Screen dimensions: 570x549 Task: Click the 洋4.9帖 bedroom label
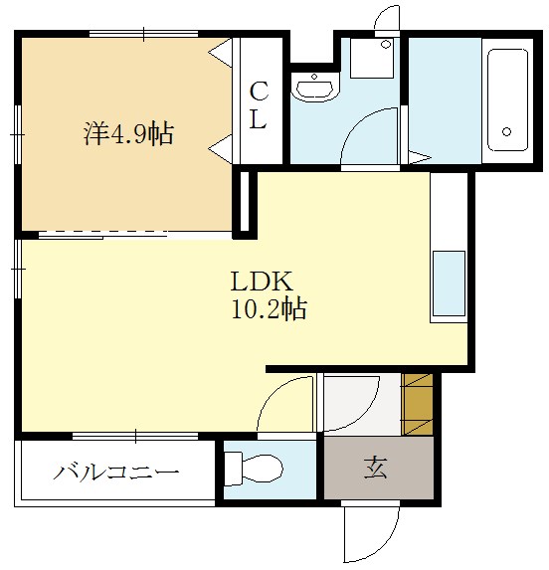click(128, 134)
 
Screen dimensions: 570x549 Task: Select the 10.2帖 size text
click(268, 309)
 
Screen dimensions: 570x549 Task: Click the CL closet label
click(258, 106)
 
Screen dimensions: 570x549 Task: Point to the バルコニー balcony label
click(116, 472)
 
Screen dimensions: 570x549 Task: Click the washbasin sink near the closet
click(317, 87)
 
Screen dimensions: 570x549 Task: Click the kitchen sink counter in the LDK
click(449, 284)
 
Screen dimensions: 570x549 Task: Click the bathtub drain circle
click(505, 131)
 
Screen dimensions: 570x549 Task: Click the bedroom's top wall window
click(144, 34)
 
